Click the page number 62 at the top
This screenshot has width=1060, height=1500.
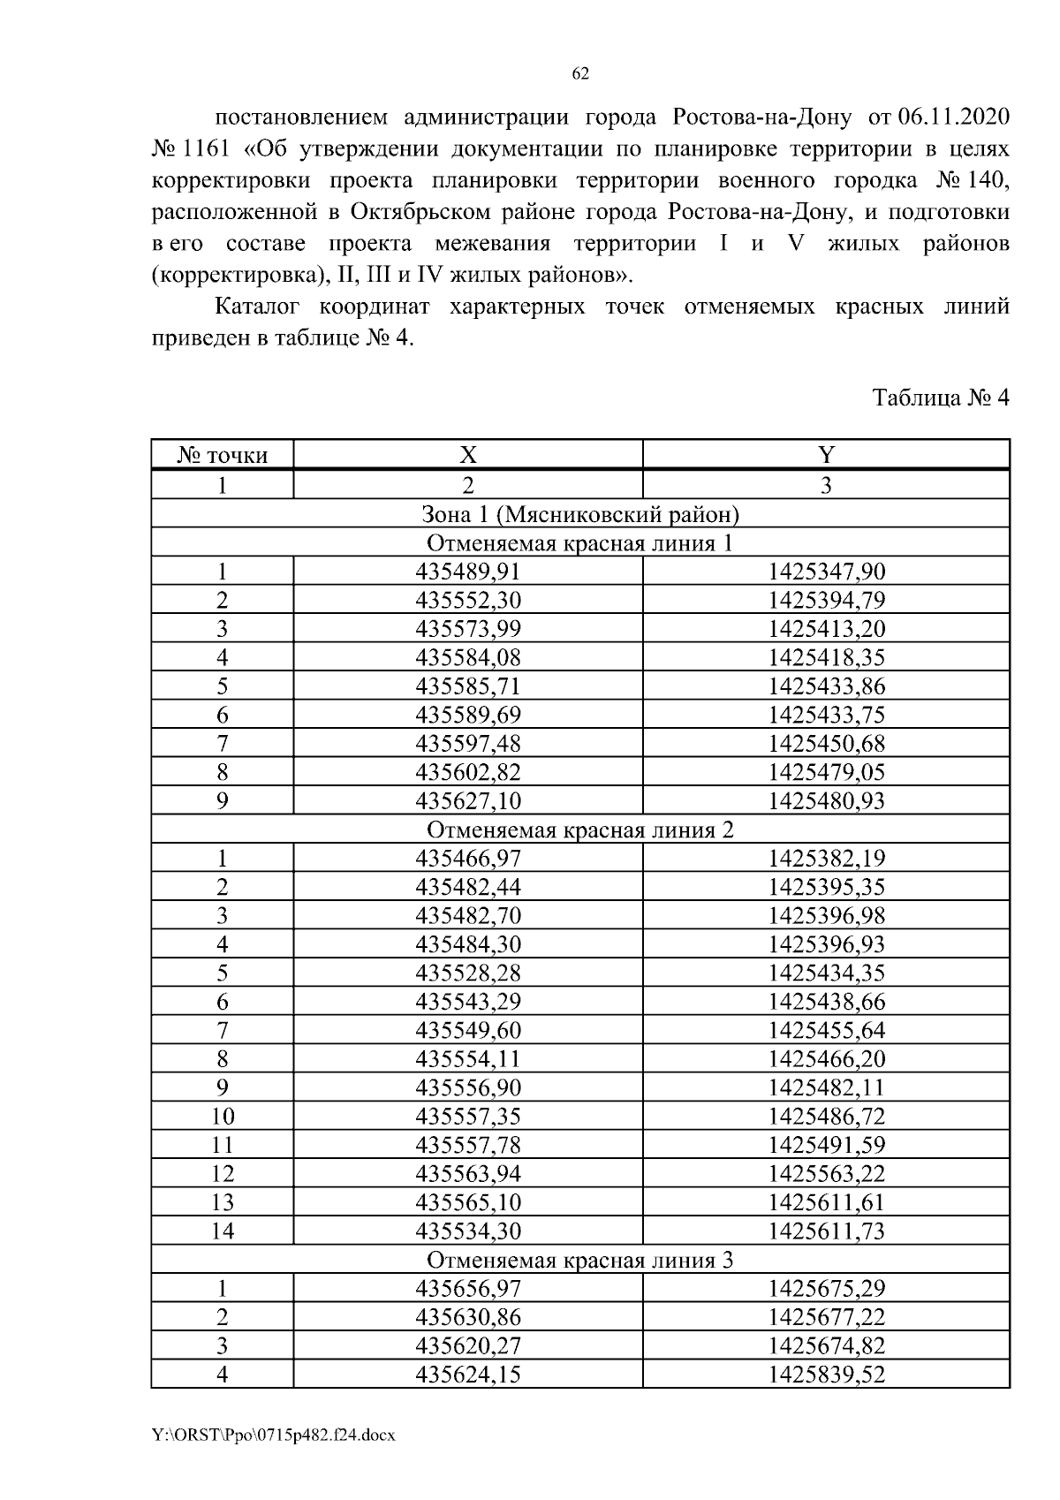(580, 74)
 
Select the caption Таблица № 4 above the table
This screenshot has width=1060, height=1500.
(940, 398)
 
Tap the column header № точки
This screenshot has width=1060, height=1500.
(222, 455)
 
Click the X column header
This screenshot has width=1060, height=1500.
(467, 455)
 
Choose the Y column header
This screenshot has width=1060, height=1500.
(826, 455)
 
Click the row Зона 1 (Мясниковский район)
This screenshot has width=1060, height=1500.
(580, 514)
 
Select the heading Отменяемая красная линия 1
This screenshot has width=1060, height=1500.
(580, 542)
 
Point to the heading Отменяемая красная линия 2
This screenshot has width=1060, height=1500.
(580, 830)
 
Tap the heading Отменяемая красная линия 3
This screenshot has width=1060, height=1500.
(580, 1260)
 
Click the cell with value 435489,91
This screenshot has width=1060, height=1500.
(468, 572)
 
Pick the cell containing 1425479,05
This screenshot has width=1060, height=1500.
(826, 772)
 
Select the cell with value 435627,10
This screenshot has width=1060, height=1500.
(468, 801)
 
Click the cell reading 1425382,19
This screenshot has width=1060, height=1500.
(826, 858)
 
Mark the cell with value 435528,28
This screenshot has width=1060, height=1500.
(468, 973)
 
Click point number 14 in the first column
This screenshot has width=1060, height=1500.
(222, 1231)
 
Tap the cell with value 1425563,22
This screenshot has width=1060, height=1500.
(826, 1174)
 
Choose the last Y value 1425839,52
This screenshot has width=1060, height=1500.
(826, 1375)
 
